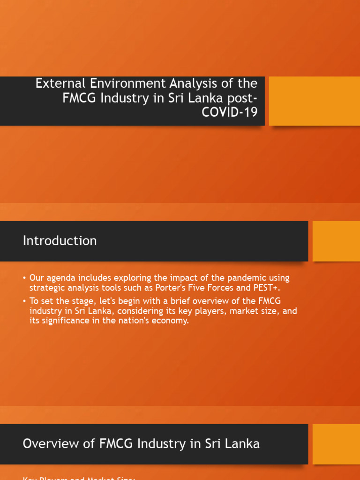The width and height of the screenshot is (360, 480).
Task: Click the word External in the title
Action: pyautogui.click(x=57, y=83)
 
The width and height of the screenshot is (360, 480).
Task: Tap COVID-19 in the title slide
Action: pyautogui.click(x=229, y=112)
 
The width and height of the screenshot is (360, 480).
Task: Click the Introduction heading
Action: pyautogui.click(x=60, y=241)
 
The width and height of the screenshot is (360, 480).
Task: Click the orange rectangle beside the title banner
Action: pyautogui.click(x=315, y=101)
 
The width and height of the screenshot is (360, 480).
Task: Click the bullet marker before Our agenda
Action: pyautogui.click(x=24, y=278)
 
